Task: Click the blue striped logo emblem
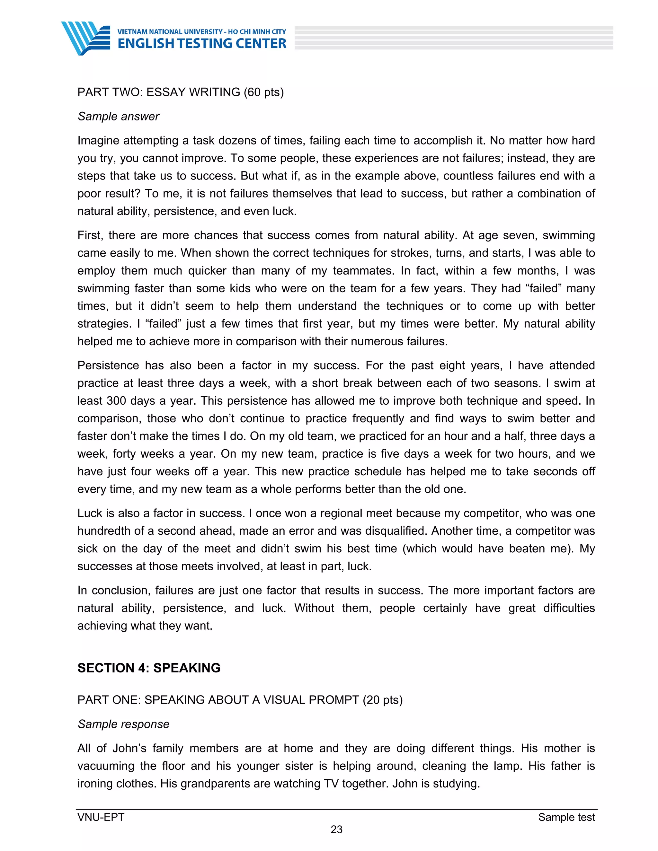click(x=85, y=38)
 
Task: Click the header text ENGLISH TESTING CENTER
click(x=202, y=43)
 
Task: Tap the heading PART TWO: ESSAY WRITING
click(x=159, y=92)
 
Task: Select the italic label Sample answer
click(x=119, y=117)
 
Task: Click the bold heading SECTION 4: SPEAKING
click(x=149, y=668)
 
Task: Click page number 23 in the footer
click(x=336, y=829)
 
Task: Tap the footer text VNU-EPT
click(x=101, y=817)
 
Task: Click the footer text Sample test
click(x=566, y=817)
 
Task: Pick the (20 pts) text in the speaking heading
click(x=382, y=700)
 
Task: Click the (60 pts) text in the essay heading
click(x=263, y=92)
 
